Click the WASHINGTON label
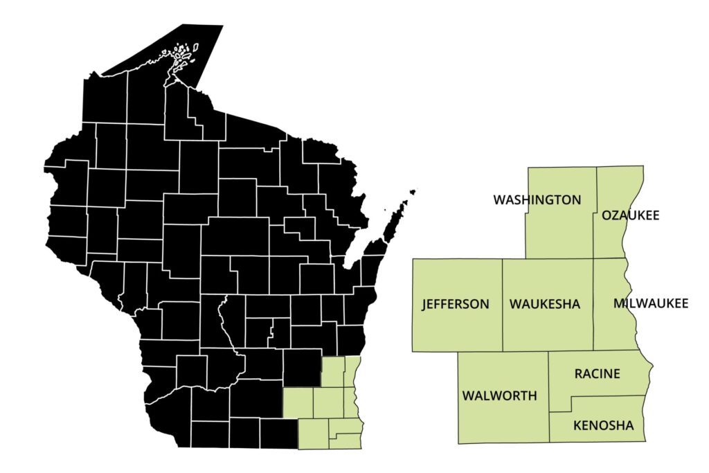[537, 200]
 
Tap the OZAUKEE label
[630, 215]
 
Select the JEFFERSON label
[455, 304]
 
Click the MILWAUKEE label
[651, 304]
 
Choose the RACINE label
[597, 374]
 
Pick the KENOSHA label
[603, 425]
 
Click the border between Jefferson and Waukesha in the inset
[502, 305]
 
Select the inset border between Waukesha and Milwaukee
[593, 325]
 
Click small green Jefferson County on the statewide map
[298, 402]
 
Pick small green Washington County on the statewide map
[333, 372]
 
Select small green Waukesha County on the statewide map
[327, 402]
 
